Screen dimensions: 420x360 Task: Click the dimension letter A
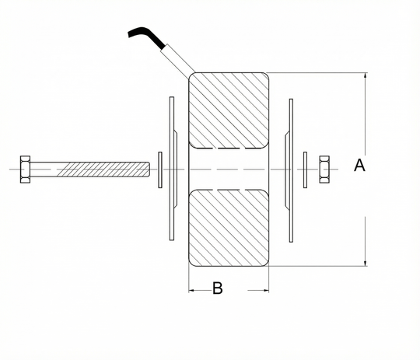359,166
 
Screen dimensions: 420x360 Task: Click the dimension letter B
218,288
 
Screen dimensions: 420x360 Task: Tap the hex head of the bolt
25,170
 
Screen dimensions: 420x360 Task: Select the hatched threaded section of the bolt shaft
103,170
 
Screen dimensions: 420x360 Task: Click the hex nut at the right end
324,170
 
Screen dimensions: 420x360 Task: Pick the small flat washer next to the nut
305,170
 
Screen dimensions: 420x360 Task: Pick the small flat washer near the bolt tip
160,170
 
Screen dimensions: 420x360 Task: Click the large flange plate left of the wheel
172,169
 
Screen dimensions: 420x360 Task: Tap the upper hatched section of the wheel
229,110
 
